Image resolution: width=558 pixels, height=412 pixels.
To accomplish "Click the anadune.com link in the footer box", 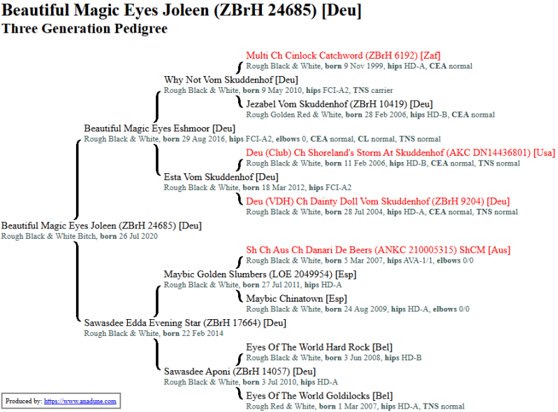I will (80, 402).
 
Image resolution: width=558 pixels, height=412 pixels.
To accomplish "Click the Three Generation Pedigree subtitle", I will (85, 29).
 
